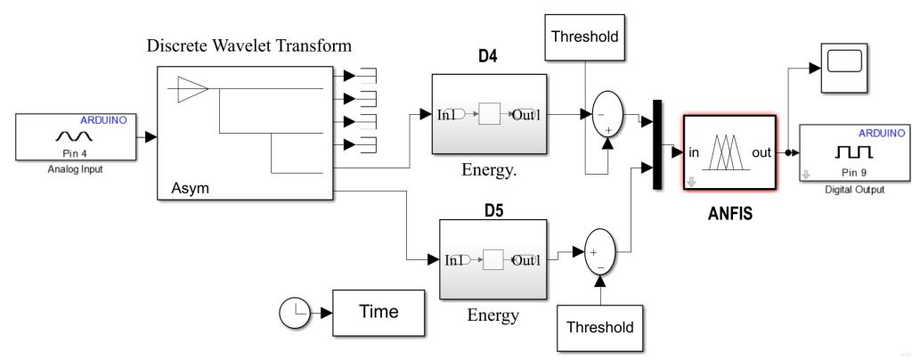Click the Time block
click(379, 313)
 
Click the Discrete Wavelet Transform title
click(249, 45)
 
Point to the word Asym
click(190, 189)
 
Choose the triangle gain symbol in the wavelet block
click(193, 89)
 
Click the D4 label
click(487, 59)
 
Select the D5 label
click(493, 209)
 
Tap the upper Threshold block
click(584, 37)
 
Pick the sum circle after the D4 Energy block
click(607, 113)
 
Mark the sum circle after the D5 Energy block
click(599, 252)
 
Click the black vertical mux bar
click(657, 144)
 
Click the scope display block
click(843, 68)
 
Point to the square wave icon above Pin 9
click(854, 152)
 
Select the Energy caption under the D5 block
click(493, 315)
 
